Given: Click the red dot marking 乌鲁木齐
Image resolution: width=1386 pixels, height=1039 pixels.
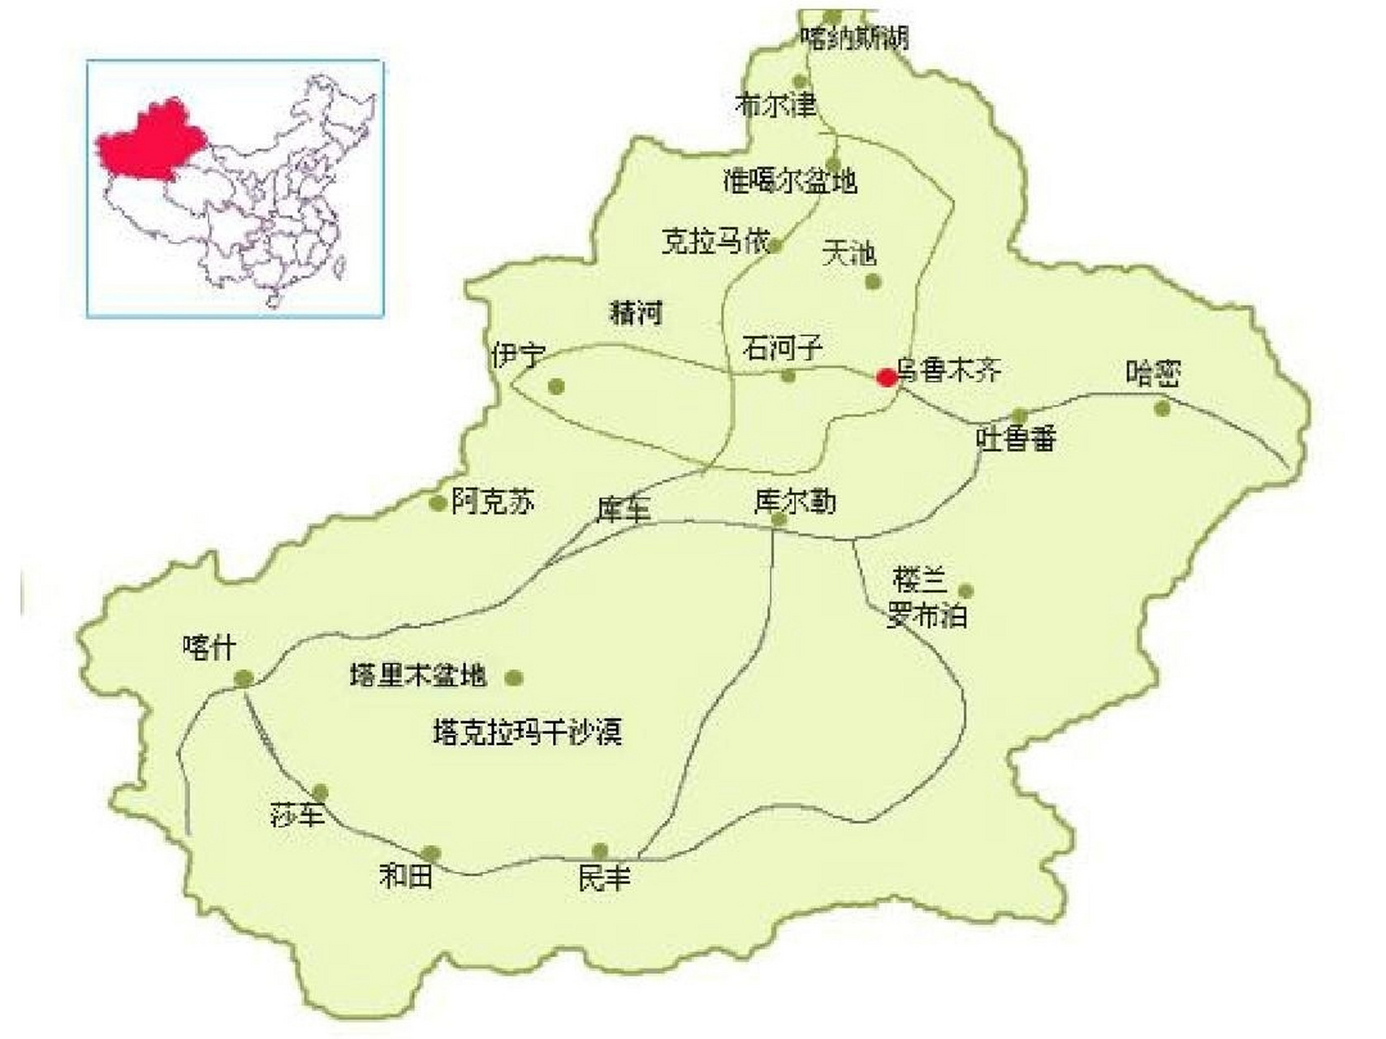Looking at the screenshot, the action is pos(887,377).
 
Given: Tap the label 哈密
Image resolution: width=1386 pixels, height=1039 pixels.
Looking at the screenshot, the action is pos(1152,374).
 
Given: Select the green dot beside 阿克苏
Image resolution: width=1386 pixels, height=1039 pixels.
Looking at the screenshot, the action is pos(438,503).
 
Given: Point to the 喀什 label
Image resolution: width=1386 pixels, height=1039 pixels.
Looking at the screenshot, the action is pos(209,648).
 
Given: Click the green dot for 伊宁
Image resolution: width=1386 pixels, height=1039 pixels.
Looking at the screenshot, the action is pos(556,386).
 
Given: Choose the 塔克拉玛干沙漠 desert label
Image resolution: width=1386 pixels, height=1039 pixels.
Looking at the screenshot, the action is pos(528,733).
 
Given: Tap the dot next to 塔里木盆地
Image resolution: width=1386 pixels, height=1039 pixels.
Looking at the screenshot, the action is pos(513,678).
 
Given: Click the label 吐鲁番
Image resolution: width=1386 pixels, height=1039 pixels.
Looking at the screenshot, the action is pos(1017,439).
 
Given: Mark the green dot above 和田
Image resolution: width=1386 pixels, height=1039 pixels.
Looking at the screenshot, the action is pos(431,853).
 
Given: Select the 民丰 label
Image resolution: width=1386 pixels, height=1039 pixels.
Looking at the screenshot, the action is pos(604,877).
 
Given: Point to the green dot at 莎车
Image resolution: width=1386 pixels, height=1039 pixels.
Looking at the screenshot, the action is pos(321,791).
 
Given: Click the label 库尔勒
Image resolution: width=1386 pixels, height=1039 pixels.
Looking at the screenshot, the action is pos(795,502).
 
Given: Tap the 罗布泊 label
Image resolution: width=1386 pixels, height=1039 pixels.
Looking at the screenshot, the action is pos(926,617).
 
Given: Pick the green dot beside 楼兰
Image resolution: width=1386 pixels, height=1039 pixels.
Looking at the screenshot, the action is pos(965,591).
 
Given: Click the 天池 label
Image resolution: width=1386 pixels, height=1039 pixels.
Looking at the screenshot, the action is pos(849,253).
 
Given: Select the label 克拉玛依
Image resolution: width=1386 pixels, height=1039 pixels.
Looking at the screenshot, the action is pos(715,241).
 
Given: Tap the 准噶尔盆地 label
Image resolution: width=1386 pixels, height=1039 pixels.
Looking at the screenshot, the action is pos(790,180).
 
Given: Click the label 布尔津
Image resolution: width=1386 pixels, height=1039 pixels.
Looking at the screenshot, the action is pos(775,105).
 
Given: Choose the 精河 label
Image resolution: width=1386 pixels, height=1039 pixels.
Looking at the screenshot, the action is pos(636,313).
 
